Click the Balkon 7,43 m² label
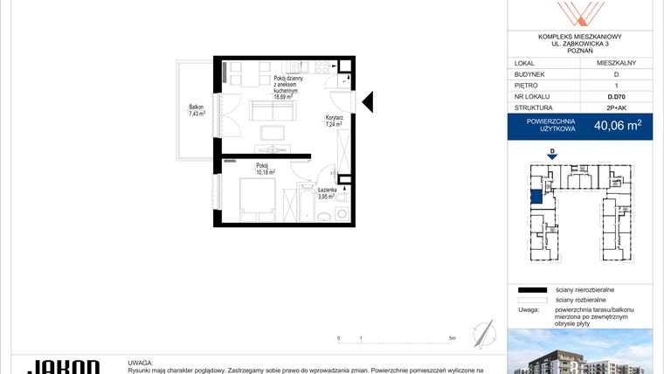[x=197, y=110]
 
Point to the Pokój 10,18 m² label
[x=265, y=169]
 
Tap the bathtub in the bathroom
[x=305, y=205]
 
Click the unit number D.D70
[x=616, y=97]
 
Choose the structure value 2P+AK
[x=616, y=108]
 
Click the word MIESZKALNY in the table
[x=616, y=63]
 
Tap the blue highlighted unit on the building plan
[x=535, y=193]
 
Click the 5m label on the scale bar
[x=451, y=337]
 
